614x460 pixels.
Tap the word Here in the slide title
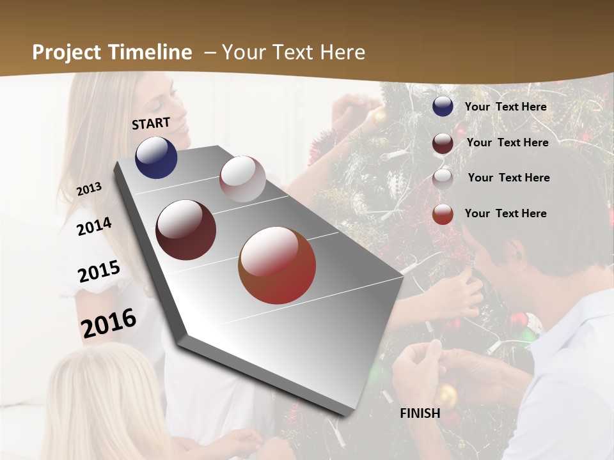(342, 52)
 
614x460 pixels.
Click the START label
(151, 123)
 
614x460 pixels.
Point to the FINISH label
(420, 413)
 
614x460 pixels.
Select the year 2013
(89, 189)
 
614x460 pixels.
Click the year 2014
(94, 226)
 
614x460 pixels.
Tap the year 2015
(99, 272)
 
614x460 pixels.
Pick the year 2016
(109, 323)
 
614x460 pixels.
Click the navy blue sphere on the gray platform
(156, 157)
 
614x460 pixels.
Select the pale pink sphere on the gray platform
(242, 178)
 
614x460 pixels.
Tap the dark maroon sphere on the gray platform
(185, 230)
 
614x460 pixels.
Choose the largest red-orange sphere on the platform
(277, 265)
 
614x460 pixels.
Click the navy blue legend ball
(443, 107)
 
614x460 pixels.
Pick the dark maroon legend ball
(443, 143)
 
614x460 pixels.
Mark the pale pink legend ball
(443, 179)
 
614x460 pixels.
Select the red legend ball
(443, 214)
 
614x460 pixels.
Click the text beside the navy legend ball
(505, 107)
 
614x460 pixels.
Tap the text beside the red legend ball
(505, 213)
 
